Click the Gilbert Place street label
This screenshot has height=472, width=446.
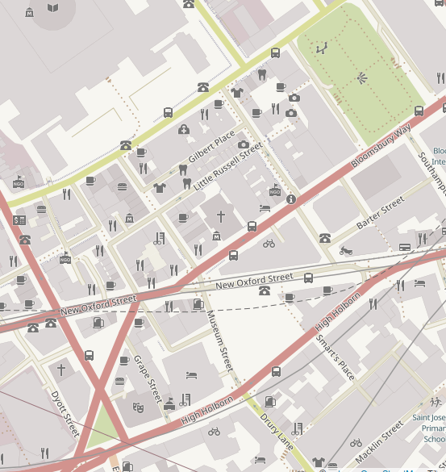tap(211, 147)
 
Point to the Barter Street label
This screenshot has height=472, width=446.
tap(380, 213)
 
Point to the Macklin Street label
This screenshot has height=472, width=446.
tap(379, 445)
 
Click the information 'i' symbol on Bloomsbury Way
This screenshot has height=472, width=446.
tap(291, 199)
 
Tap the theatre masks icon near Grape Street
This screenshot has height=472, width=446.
tap(138, 409)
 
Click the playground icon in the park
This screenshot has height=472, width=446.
tap(323, 48)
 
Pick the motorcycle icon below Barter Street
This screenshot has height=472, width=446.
tap(346, 251)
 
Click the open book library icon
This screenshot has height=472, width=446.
tap(53, 8)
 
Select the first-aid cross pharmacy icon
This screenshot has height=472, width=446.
tap(184, 129)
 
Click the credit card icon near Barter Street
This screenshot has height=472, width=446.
tap(405, 247)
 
